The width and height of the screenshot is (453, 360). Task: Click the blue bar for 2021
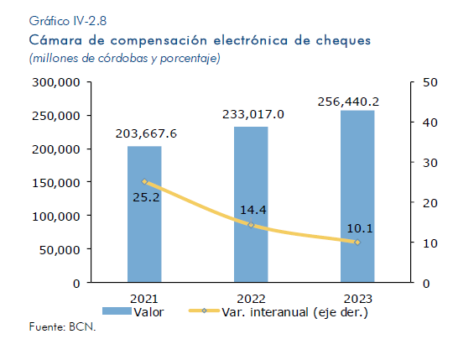[144, 214]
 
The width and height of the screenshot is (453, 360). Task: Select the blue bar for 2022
[251, 204]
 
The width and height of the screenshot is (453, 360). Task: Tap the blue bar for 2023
[357, 196]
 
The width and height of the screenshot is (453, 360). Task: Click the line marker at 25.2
[144, 181]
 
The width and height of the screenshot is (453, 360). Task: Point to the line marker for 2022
[251, 225]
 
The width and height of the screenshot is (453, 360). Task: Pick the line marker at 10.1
[357, 243]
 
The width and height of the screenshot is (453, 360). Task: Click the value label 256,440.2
[348, 102]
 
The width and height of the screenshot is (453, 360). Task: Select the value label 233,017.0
[253, 115]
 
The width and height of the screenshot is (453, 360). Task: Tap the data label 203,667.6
[146, 134]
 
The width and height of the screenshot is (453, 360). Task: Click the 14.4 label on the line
[253, 210]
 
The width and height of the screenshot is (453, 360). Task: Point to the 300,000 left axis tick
[55, 82]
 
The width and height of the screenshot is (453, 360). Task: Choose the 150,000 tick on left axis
[55, 183]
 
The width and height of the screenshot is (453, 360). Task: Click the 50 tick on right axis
[430, 82]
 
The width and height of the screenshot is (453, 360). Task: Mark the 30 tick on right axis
[430, 163]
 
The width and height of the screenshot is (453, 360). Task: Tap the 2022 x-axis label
[251, 299]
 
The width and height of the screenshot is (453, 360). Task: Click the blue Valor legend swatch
[117, 310]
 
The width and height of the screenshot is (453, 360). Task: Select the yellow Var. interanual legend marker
[204, 310]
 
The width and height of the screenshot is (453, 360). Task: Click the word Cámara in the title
[55, 40]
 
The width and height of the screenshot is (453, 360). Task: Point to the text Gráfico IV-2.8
[68, 21]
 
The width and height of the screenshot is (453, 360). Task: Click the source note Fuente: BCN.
[62, 326]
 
